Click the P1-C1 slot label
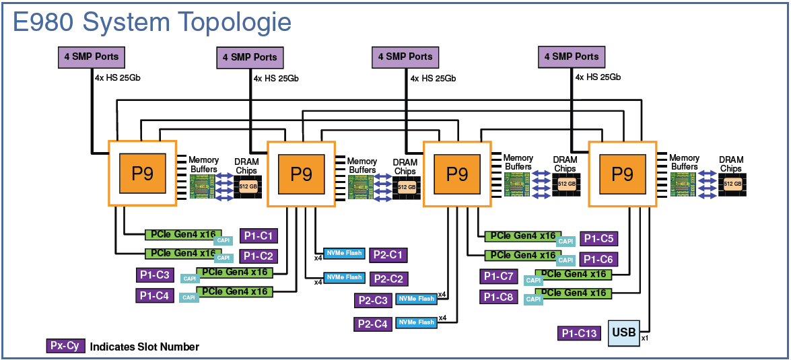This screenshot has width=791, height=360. [x=259, y=236]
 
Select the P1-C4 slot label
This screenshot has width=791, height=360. [x=155, y=295]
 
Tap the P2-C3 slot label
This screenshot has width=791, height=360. [x=373, y=300]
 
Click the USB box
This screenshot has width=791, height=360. [x=624, y=332]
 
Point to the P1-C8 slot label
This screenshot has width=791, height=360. [x=498, y=296]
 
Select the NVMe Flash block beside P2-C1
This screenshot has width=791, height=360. [x=345, y=253]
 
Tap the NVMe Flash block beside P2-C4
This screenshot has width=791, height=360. [x=416, y=322]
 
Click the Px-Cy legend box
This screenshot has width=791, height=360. [x=65, y=347]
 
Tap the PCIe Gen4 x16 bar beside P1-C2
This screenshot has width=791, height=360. [x=182, y=254]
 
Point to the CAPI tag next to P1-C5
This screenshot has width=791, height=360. [x=566, y=241]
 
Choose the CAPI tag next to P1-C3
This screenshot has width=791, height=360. [x=190, y=279]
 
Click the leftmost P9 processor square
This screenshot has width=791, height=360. [x=142, y=173]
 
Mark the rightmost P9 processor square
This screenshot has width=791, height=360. [x=622, y=174]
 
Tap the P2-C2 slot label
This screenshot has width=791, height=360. [x=388, y=278]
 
